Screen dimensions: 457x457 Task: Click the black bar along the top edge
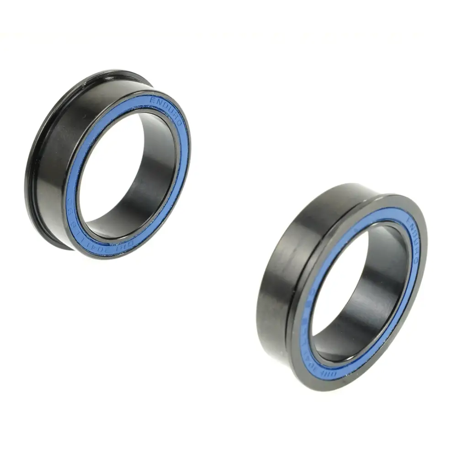tap(228, 14)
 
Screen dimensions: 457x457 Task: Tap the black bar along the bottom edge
tap(228, 442)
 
